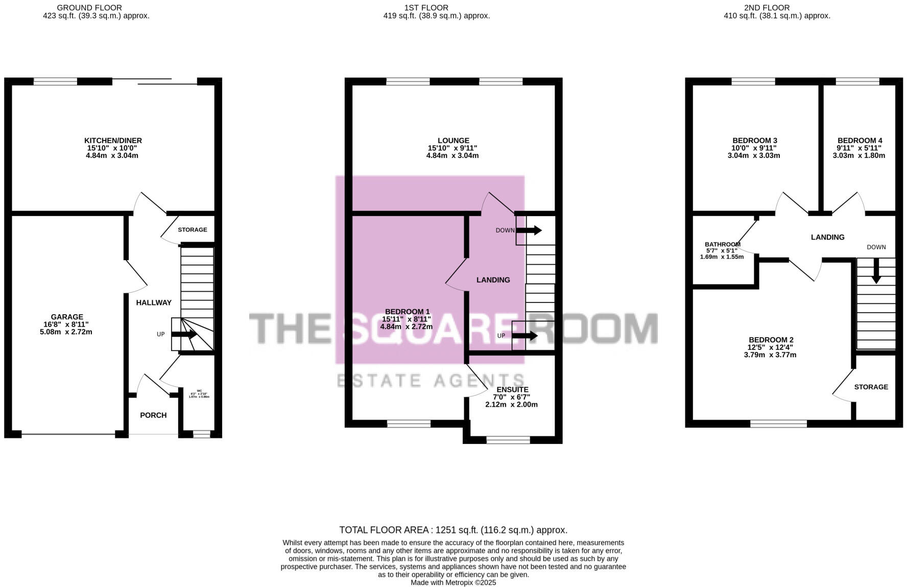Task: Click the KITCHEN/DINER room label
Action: (113, 140)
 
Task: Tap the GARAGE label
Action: (67, 317)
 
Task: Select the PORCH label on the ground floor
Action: (153, 415)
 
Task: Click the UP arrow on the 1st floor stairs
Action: (527, 336)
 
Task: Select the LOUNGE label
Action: (453, 140)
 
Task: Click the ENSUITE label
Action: (512, 389)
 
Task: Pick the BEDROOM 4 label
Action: (860, 140)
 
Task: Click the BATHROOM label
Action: (722, 244)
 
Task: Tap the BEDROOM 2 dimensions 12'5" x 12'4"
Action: (770, 347)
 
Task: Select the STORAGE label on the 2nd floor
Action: (871, 387)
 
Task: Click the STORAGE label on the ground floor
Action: (193, 230)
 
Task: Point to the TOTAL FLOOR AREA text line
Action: (453, 530)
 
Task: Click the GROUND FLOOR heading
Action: (89, 8)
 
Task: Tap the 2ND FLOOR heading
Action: (767, 8)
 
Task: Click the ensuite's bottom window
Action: (508, 439)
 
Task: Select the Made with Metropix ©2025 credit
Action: (453, 582)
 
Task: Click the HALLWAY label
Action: (154, 302)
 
